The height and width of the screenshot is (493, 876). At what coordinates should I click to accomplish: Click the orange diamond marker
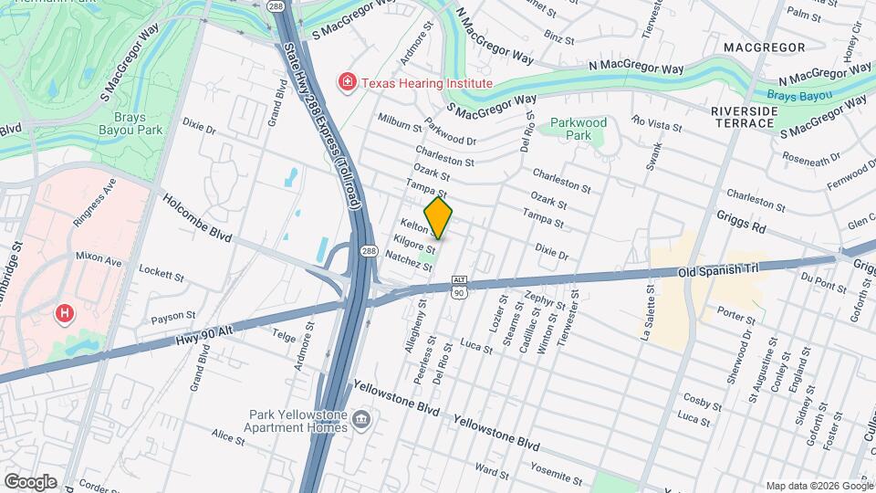(438, 218)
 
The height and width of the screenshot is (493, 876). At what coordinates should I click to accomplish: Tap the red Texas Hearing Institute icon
(347, 83)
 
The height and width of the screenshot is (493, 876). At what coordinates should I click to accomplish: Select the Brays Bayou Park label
(138, 123)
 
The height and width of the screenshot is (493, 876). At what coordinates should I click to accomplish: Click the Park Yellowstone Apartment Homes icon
(362, 420)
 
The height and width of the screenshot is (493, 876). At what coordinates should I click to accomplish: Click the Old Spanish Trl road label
(718, 271)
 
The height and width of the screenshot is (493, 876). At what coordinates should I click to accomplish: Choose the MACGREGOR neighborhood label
(764, 47)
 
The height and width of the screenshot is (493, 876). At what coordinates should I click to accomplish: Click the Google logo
(30, 481)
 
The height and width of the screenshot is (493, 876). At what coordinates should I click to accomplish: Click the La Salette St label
(651, 311)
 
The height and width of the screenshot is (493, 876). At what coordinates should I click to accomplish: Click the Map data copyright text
(818, 486)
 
